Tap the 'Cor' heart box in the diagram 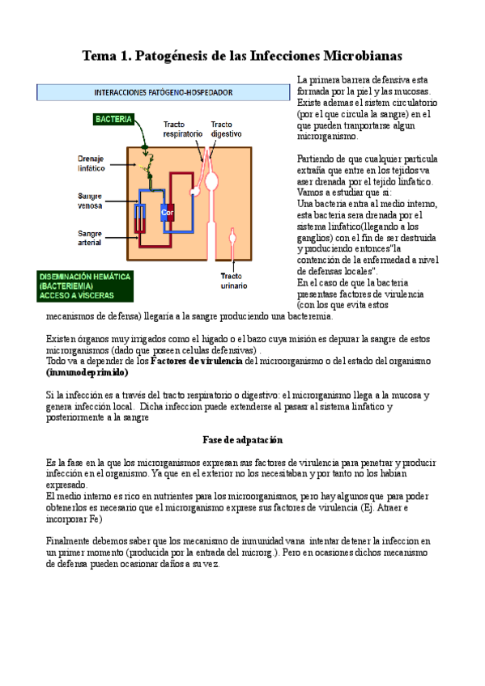(168, 213)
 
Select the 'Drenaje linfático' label (91, 164)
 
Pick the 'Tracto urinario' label (232, 280)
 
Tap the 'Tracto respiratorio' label (181, 129)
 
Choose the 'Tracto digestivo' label (226, 129)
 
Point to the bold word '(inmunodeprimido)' (87, 373)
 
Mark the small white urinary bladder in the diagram (233, 239)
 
